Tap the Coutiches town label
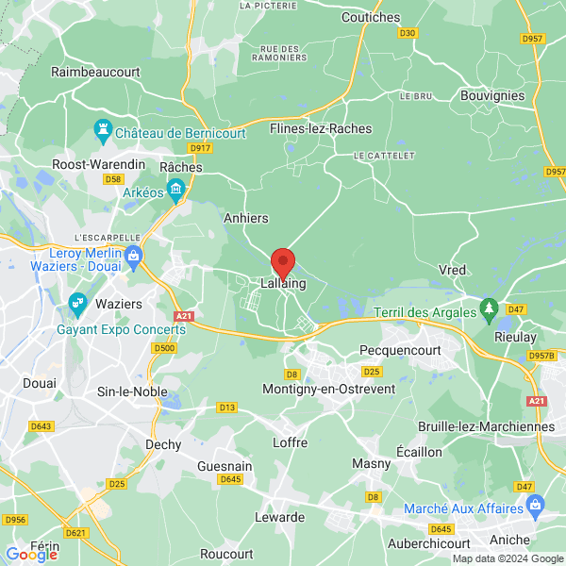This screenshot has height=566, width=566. coord(371,17)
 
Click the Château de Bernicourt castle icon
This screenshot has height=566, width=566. coord(102,127)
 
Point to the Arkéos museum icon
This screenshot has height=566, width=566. coord(176,192)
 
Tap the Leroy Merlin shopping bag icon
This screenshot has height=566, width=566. coord(134,254)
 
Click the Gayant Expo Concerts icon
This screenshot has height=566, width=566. coord(77,304)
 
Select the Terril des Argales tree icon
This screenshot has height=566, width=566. coord(489,308)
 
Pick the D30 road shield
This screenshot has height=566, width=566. coord(408,33)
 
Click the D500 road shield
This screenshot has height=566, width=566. coord(164,348)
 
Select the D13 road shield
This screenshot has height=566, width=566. coord(226,408)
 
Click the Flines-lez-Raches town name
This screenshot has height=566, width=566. coord(321,128)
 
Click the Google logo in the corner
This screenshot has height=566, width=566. coord(31,555)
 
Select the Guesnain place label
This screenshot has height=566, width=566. coord(225,466)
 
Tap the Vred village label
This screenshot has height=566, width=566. coord(453,270)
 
